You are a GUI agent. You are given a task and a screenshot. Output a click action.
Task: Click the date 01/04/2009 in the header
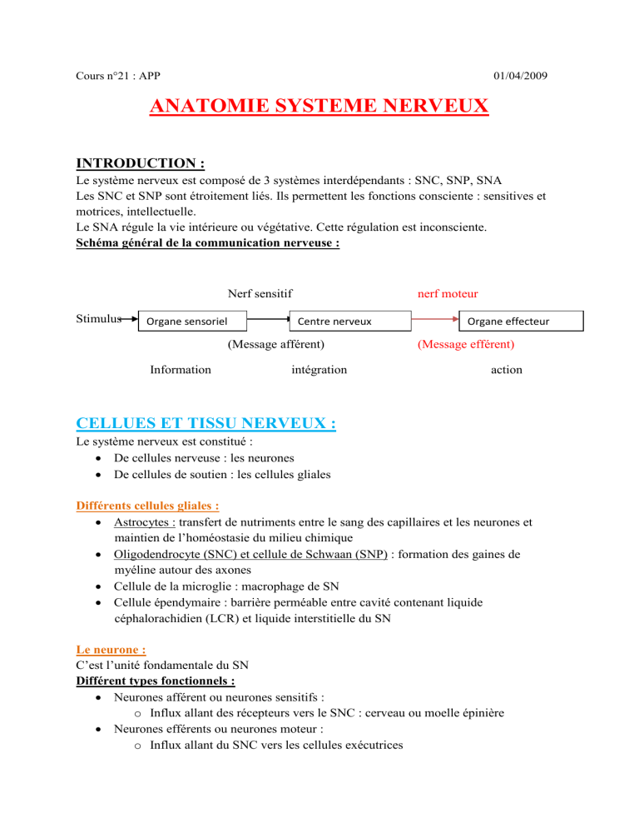pos(519,77)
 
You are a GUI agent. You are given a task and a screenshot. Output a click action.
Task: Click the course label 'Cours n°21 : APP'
pos(109,77)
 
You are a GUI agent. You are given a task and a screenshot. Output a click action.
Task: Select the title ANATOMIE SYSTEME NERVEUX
pos(319,107)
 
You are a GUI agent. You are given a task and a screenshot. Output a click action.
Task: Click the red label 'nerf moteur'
pos(447,293)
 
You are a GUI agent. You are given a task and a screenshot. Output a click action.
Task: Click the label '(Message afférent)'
pos(275,343)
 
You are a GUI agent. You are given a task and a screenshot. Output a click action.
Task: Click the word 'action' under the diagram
pos(507,369)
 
